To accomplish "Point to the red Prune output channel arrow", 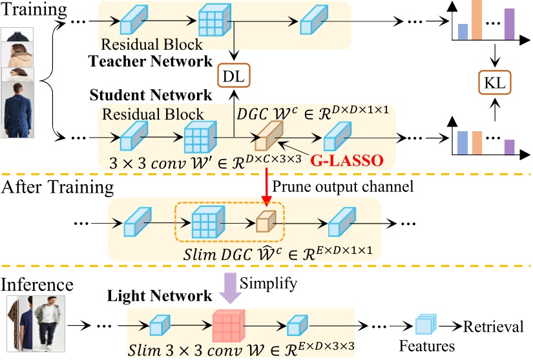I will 266,185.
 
